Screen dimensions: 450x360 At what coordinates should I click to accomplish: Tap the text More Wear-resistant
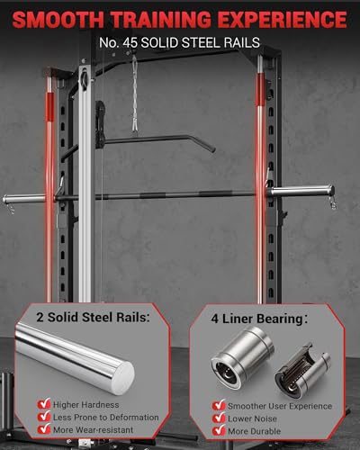point(96,432)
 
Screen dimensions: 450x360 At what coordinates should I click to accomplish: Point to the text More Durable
point(257,432)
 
